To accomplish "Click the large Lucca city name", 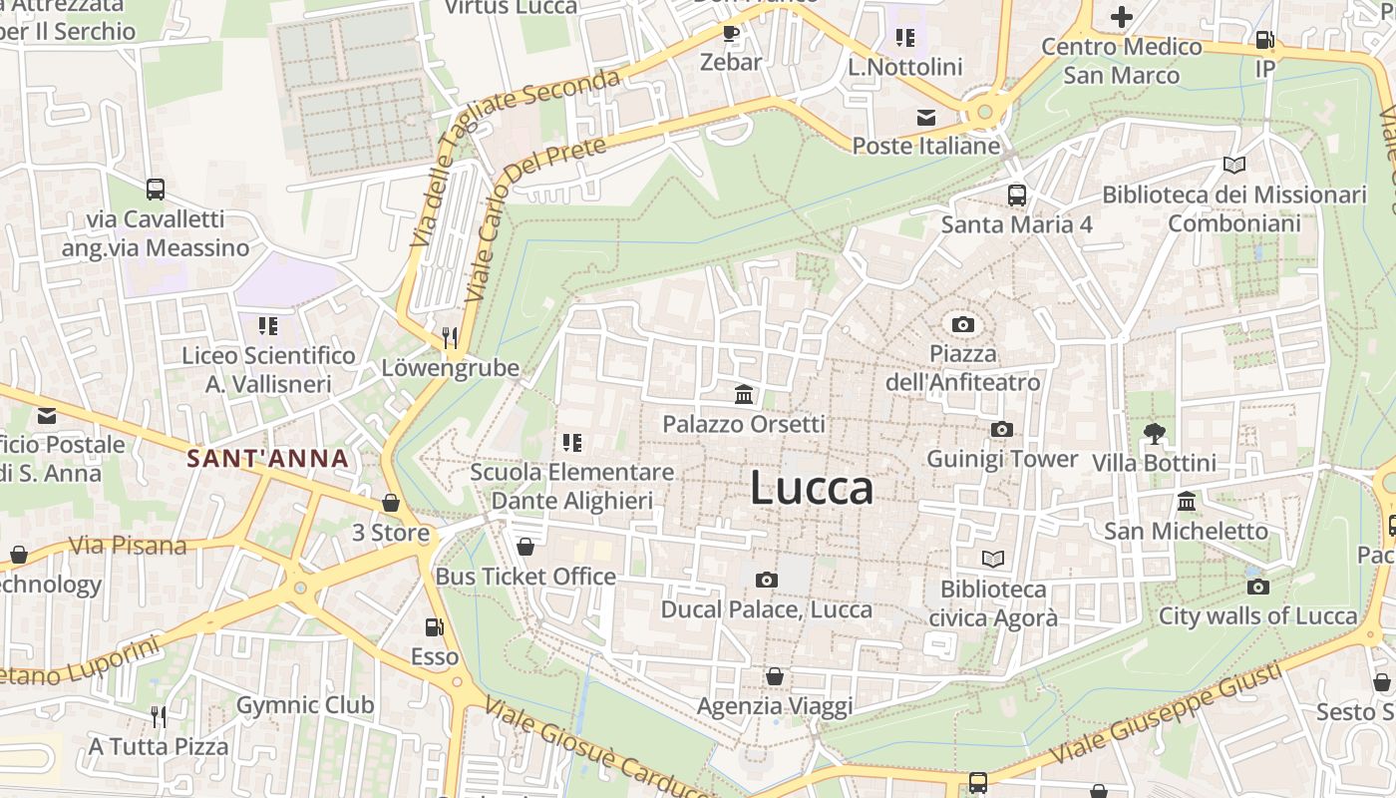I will tap(811, 488).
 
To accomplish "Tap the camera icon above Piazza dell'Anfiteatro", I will tap(963, 324).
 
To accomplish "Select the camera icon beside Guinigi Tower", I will tap(1002, 429).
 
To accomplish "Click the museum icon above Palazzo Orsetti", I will tap(744, 395).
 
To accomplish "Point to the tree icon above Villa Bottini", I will tap(1155, 433).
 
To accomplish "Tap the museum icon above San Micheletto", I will tap(1187, 501).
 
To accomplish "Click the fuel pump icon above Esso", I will tap(435, 626).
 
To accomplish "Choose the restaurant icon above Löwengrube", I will tap(451, 337).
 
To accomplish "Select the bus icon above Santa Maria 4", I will tap(1017, 195).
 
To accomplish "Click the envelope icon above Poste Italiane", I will tap(926, 117).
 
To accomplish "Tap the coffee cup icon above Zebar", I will tap(731, 33).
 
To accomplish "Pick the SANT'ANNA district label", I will tap(268, 459).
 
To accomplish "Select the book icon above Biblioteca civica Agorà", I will tap(993, 559).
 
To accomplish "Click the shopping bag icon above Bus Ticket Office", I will tap(525, 547).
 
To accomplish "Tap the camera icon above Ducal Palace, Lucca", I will tap(766, 580).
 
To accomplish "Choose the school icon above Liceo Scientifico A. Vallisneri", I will tap(267, 325).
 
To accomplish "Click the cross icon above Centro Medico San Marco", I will tap(1122, 16).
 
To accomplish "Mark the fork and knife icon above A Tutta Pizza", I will tap(158, 716).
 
